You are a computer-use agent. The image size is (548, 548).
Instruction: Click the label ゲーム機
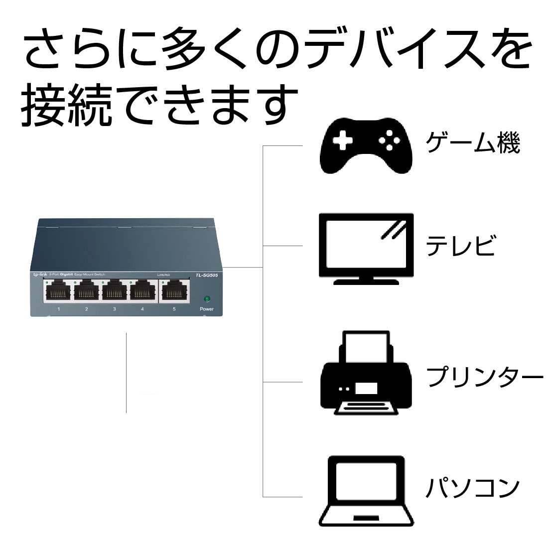(x=472, y=143)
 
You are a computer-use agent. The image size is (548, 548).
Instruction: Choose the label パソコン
(x=472, y=488)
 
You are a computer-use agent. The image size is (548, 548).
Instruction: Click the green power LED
(x=207, y=299)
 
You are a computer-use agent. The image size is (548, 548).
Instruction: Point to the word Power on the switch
(x=207, y=309)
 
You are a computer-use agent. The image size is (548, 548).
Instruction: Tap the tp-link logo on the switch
(x=40, y=275)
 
